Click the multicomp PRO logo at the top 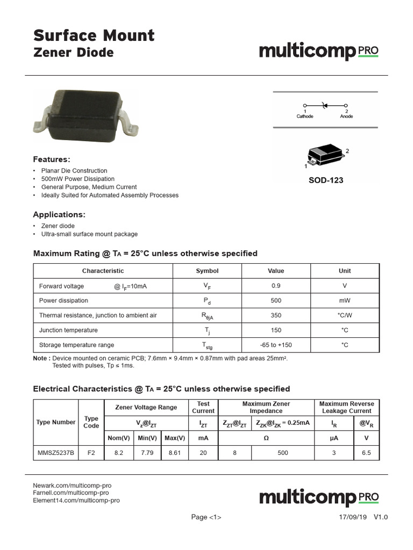(319, 52)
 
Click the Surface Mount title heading (94, 35)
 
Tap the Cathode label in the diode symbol (305, 116)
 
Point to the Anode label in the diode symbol (347, 116)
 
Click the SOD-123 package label (325, 180)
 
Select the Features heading (52, 160)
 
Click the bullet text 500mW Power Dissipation (78, 179)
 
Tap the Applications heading (59, 215)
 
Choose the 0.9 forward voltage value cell (276, 286)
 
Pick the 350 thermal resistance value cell (276, 315)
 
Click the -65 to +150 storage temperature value (276, 345)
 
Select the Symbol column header (207, 271)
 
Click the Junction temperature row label (68, 330)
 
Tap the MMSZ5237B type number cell (55, 453)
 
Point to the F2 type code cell (91, 453)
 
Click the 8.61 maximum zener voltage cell (175, 453)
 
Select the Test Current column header (203, 407)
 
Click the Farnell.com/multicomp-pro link (71, 493)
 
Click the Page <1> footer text (206, 517)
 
